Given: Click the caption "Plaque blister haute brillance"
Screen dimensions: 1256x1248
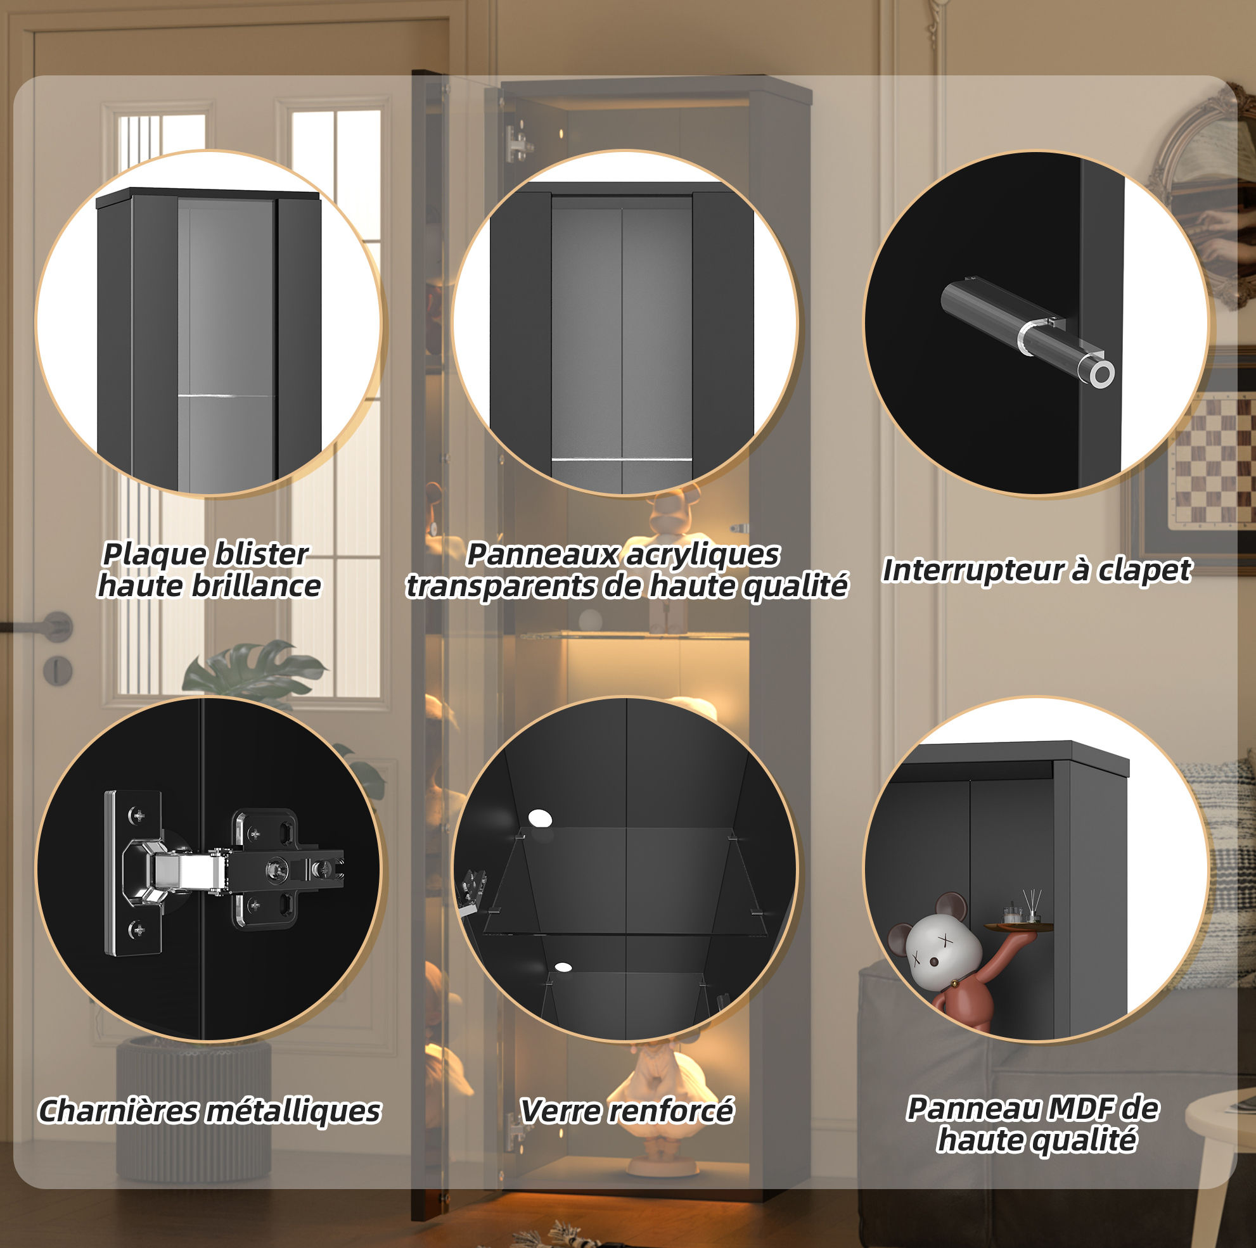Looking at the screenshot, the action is (208, 570).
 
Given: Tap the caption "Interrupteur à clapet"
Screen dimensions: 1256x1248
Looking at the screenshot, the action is (1036, 570).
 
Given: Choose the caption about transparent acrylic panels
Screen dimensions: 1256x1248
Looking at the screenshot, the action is (627, 570).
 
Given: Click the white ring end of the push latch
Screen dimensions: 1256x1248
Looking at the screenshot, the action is (1101, 374).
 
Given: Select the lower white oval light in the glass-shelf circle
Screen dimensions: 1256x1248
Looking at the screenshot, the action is (563, 967).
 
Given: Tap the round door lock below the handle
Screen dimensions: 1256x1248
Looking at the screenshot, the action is (57, 670).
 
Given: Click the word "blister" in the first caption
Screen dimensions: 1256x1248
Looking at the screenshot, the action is (260, 554).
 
